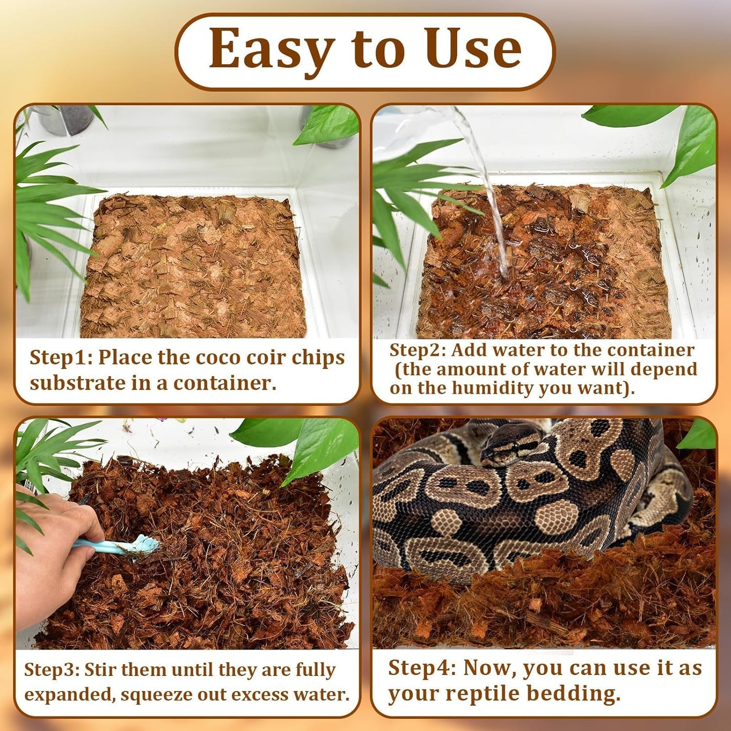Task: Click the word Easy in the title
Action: (271, 49)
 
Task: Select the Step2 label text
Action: (418, 350)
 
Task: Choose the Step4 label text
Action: (422, 668)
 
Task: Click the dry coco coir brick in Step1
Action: (195, 266)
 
